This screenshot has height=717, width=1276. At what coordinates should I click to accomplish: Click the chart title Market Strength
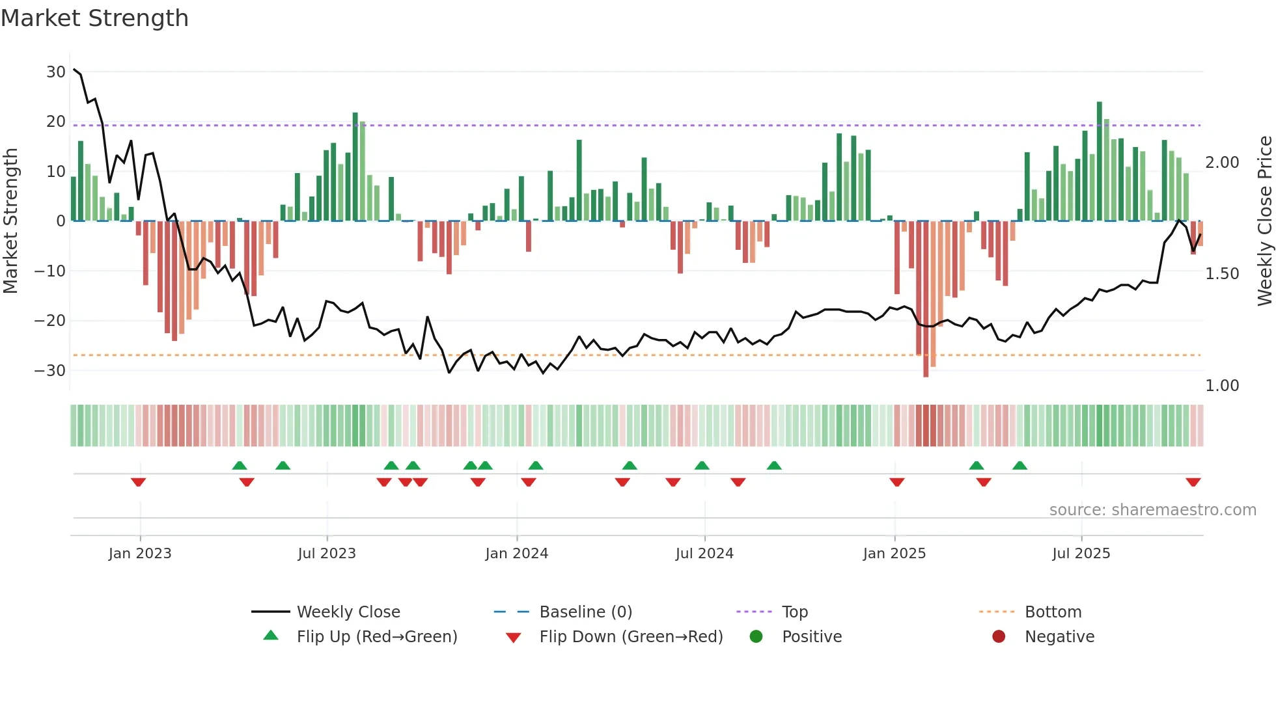point(94,18)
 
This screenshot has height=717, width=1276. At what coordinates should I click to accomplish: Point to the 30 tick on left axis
point(55,72)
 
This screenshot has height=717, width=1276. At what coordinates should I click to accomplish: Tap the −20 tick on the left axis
point(50,321)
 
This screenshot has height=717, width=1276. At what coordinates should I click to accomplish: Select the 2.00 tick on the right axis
point(1222,163)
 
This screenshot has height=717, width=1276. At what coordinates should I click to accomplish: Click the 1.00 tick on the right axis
point(1222,386)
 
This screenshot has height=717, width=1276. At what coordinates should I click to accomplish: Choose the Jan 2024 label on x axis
point(516,554)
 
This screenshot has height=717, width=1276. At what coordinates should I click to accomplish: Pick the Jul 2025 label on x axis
point(1081,554)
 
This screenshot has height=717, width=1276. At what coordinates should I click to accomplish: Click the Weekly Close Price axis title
point(1264,221)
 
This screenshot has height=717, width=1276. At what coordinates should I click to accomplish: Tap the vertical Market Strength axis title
point(10,221)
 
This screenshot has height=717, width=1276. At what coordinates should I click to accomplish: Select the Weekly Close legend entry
point(348,612)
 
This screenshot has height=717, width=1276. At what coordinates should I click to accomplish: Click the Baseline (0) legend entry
point(585,612)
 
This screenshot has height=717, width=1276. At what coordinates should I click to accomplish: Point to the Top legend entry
point(794,612)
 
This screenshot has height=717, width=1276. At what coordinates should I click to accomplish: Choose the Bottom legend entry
point(1053,612)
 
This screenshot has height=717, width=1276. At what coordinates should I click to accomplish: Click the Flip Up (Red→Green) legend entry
point(376,637)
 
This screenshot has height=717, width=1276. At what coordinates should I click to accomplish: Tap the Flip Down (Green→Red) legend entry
point(631,637)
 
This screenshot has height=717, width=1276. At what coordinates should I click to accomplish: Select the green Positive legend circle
point(756,637)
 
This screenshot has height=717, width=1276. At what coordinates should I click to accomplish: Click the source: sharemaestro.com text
point(1152,510)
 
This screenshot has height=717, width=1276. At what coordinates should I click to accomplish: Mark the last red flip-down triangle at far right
point(1193,482)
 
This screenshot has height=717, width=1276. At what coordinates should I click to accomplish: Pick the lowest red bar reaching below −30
point(926,299)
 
